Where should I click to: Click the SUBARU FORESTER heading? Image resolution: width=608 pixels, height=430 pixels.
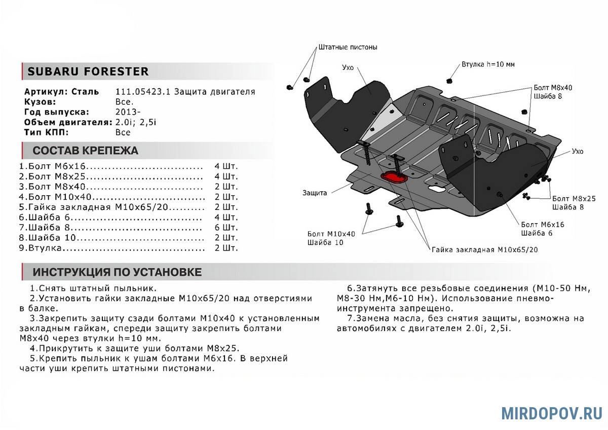pos(88,71)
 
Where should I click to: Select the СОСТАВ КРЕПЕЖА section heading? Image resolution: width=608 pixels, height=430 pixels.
pos(85,151)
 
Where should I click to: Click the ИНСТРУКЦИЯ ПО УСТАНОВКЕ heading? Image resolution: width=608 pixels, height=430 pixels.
pos(117,272)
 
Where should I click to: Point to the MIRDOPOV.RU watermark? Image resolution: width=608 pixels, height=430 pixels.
pos(551,413)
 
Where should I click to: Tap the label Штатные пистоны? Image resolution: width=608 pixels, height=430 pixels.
pos(348,47)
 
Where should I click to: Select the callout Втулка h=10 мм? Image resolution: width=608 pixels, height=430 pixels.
pos(488,64)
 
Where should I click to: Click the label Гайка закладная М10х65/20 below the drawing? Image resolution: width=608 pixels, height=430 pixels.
pos(484,249)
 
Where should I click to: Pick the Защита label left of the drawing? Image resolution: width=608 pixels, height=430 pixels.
pos(315,193)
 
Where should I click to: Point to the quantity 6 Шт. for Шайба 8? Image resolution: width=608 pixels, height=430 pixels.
pos(226,227)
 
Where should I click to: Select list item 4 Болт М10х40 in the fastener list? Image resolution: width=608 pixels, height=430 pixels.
pos(61,197)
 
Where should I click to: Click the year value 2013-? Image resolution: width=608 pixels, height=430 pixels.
pos(125,112)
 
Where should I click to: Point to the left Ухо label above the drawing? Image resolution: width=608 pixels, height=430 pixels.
pos(348,67)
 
